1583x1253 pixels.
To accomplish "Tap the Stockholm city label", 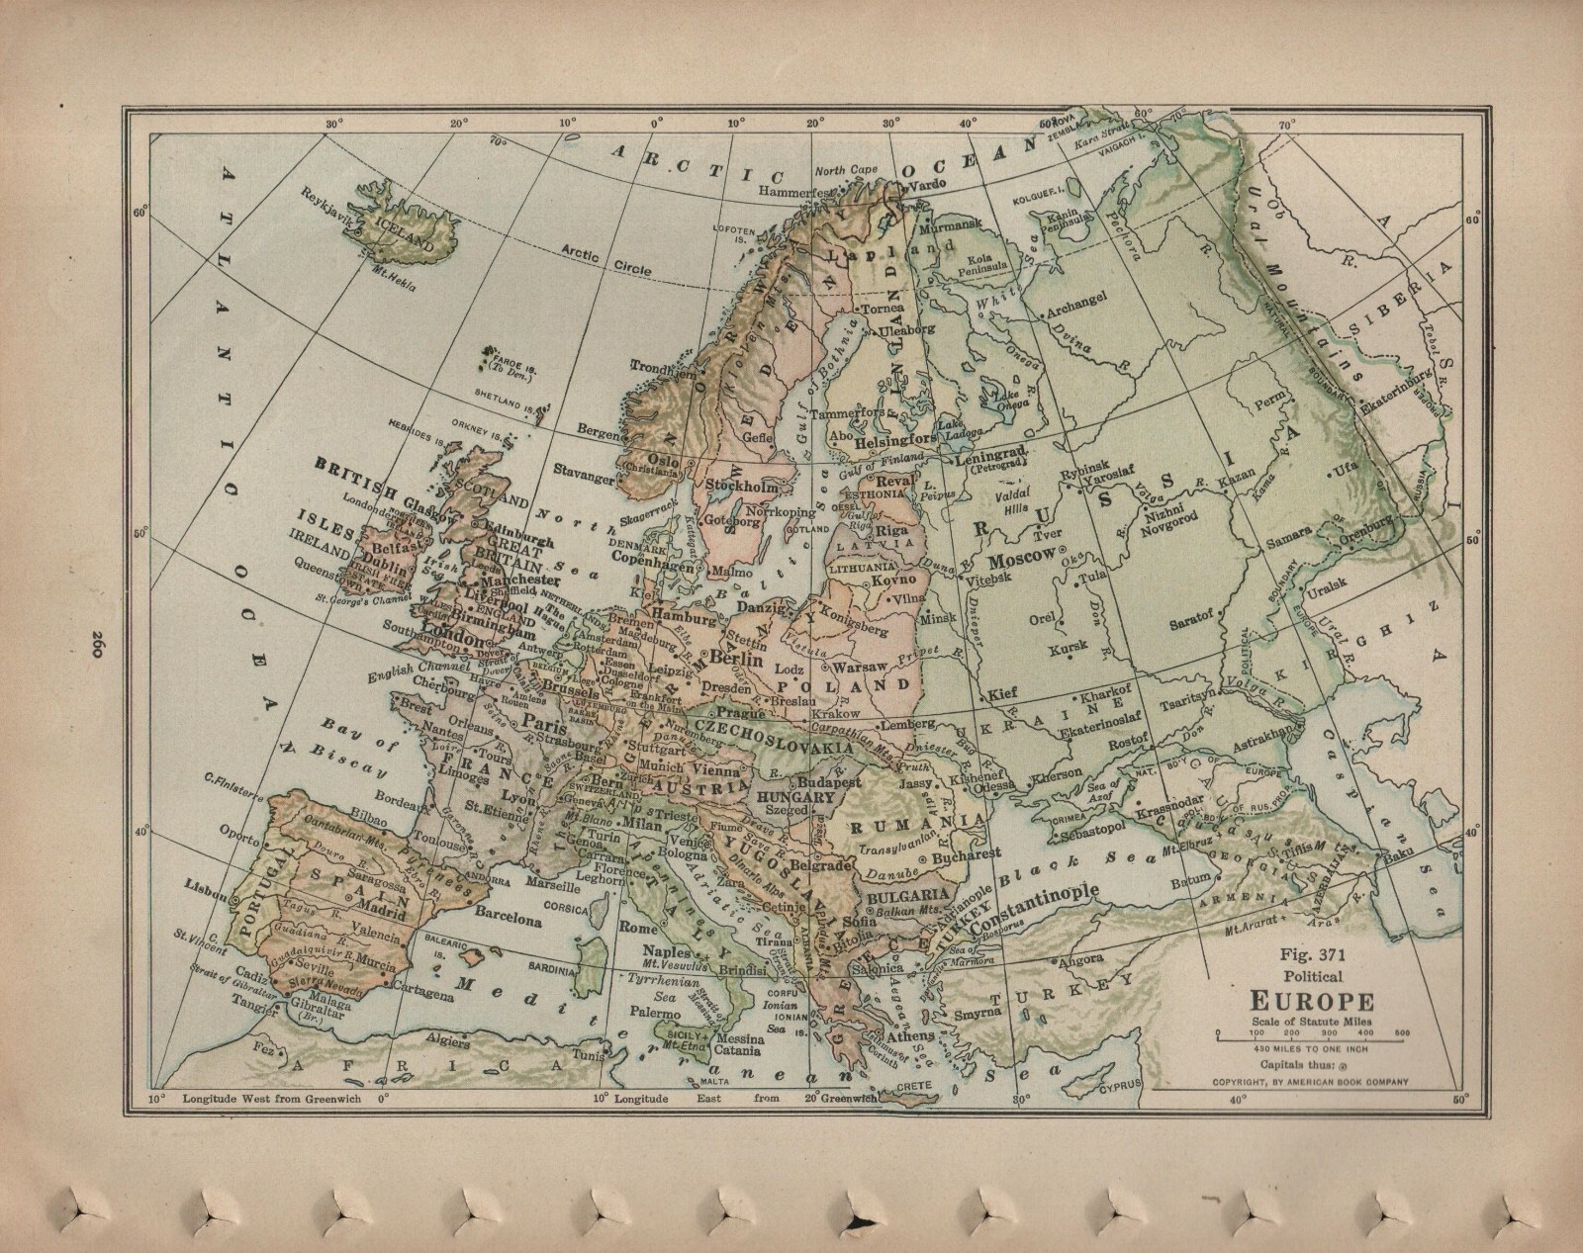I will click(x=738, y=486).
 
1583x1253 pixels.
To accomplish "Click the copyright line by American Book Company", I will click(x=1311, y=1081).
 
